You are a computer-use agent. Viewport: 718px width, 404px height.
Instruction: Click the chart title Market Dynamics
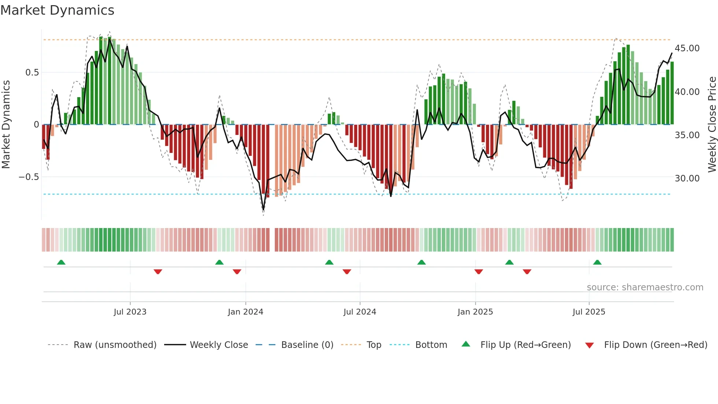(57, 10)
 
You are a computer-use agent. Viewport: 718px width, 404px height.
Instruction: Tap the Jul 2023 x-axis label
(130, 312)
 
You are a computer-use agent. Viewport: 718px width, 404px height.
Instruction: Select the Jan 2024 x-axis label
(245, 312)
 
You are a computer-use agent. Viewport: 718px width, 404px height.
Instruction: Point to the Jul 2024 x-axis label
(360, 312)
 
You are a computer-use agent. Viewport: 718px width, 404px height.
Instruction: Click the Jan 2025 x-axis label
(475, 312)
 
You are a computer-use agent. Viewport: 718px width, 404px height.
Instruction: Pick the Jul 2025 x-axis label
(589, 312)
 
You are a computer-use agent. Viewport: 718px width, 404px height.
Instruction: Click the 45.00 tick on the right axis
(687, 48)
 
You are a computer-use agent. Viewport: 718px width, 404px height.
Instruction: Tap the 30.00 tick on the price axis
(687, 179)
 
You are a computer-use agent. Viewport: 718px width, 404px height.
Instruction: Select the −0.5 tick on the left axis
(29, 177)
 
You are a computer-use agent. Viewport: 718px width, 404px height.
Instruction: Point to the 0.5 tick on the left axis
(32, 73)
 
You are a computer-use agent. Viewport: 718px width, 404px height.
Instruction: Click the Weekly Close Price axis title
(712, 124)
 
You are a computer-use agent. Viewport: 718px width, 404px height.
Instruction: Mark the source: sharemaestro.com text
(645, 287)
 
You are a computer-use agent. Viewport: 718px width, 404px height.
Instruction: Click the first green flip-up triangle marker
(61, 262)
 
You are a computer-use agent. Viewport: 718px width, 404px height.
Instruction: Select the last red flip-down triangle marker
(527, 272)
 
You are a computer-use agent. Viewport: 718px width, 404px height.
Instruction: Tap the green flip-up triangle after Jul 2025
(597, 262)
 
